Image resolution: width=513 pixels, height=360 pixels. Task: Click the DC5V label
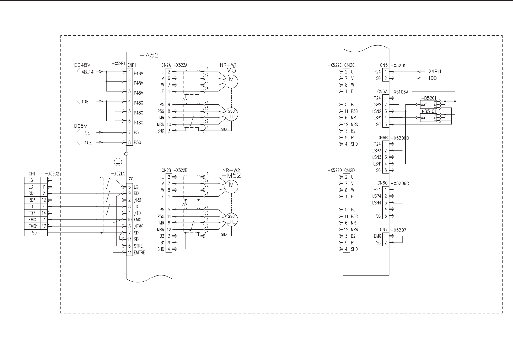click(80, 126)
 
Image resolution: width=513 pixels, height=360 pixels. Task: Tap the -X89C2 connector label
click(53, 174)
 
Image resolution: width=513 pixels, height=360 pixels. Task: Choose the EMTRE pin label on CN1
click(140, 253)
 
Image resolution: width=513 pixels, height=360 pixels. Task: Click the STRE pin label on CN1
click(138, 246)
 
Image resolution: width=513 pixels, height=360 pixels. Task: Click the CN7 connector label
click(384, 230)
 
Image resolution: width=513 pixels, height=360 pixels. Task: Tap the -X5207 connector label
click(399, 230)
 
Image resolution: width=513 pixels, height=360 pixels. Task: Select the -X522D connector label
click(334, 170)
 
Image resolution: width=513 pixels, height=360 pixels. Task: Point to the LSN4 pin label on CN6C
click(377, 203)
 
